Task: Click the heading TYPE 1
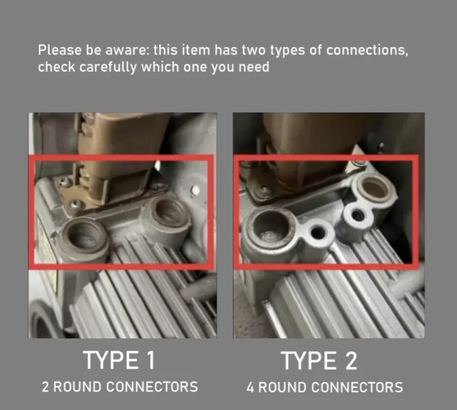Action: (119, 360)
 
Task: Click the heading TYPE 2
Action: (319, 361)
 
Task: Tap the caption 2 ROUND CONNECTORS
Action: (120, 387)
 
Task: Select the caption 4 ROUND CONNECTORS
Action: (325, 387)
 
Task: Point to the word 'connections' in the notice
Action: (367, 51)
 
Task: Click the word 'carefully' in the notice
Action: (107, 67)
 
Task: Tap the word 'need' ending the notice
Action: (254, 67)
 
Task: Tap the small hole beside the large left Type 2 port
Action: (318, 232)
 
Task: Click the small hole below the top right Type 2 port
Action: (358, 216)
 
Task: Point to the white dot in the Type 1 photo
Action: (196, 191)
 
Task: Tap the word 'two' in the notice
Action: (254, 51)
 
